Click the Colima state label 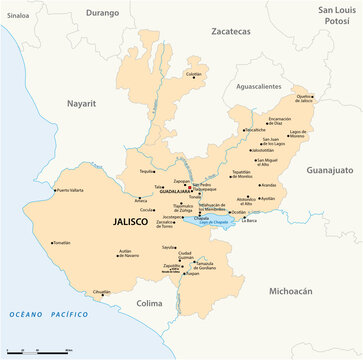click(149, 301)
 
